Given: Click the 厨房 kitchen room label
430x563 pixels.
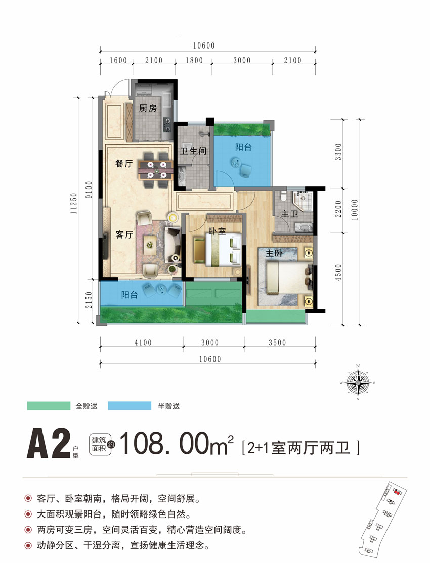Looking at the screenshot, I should pos(148,108).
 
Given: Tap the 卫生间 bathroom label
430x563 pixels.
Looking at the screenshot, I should pos(192,150).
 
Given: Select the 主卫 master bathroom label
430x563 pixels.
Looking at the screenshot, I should pos(289,214).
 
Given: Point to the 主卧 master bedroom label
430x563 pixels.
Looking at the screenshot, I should pos(273,254).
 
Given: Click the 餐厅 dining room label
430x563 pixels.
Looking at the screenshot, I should pos(124,164).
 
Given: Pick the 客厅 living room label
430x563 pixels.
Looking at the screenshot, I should pos(124,234).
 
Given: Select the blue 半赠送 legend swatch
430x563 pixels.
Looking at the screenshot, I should pos(130,406).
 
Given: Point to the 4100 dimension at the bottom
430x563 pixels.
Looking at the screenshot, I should pos(143,343).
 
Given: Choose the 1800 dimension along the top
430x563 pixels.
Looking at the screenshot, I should pos(193,61).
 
